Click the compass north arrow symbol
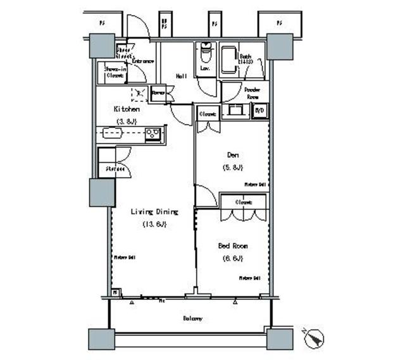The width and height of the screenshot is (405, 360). (313, 338)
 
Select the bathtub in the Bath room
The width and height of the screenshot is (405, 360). (229, 59)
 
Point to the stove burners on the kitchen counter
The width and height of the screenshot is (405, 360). (153, 133)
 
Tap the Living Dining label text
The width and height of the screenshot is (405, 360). (154, 212)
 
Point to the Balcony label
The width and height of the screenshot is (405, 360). (194, 318)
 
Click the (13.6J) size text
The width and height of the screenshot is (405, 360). (154, 225)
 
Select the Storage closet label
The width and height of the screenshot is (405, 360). (115, 169)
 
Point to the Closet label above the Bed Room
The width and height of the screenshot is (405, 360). (243, 202)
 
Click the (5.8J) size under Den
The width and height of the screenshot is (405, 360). (232, 168)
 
